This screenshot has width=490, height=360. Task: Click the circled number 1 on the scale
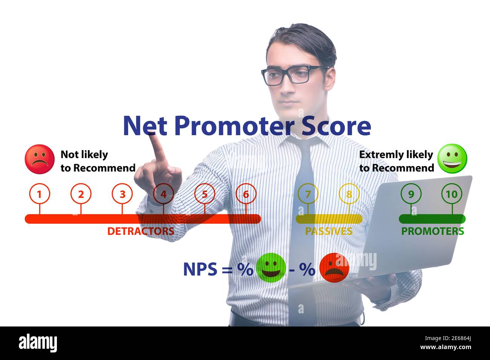pyautogui.click(x=39, y=194)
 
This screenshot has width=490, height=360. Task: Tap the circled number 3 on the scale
pyautogui.click(x=122, y=194)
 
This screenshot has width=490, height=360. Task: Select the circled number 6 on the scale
pyautogui.click(x=246, y=194)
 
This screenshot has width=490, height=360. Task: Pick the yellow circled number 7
pyautogui.click(x=308, y=194)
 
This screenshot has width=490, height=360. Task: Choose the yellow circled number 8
pyautogui.click(x=349, y=194)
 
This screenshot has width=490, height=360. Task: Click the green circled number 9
pyautogui.click(x=411, y=194)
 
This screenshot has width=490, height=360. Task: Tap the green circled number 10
pyautogui.click(x=452, y=194)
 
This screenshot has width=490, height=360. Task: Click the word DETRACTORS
pyautogui.click(x=141, y=231)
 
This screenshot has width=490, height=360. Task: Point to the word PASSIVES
pyautogui.click(x=328, y=231)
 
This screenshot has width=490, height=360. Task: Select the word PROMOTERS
pyautogui.click(x=432, y=231)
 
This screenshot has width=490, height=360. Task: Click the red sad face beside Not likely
pyautogui.click(x=40, y=159)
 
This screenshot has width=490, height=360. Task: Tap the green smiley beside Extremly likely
pyautogui.click(x=452, y=159)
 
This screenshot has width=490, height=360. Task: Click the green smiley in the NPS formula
pyautogui.click(x=271, y=268)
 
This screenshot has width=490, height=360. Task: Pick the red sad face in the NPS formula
pyautogui.click(x=334, y=268)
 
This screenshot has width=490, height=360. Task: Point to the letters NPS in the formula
pyautogui.click(x=200, y=269)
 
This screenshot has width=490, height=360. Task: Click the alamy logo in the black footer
pyautogui.click(x=38, y=343)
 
